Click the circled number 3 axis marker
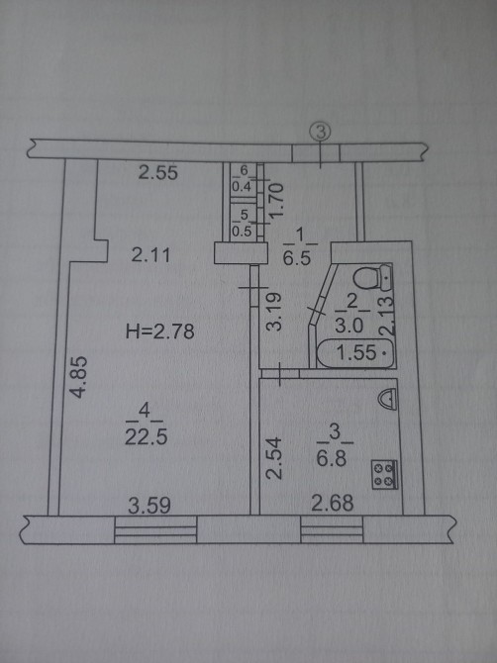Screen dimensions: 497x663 tap(320, 132)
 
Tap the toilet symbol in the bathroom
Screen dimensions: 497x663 tap(373, 278)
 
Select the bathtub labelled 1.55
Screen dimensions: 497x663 tap(355, 353)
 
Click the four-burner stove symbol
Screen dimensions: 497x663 tap(384, 474)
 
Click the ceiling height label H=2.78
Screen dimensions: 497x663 tap(159, 331)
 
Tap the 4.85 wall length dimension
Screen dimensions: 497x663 tap(79, 377)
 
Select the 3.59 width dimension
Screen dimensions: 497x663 tap(149, 506)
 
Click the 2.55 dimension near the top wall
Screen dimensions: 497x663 tap(158, 172)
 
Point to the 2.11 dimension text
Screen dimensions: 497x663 tap(150, 255)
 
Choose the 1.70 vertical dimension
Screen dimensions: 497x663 tap(276, 200)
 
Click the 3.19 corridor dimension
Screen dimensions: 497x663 tap(274, 312)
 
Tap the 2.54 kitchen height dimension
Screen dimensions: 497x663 tap(274, 458)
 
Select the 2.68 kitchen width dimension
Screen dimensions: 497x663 tap(332, 503)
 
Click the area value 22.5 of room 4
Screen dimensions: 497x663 tap(146, 436)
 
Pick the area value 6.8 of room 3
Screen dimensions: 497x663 tap(332, 458)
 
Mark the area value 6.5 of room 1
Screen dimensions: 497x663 tap(297, 257)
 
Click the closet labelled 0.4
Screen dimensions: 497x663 tap(243, 179)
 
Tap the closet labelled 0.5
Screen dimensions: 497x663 tap(243, 224)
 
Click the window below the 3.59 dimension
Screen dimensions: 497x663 tap(155, 529)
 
